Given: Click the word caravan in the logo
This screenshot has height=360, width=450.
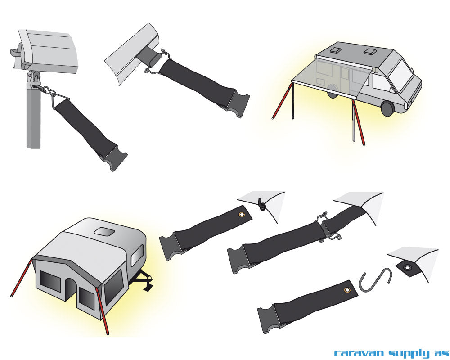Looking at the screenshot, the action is coord(359,352).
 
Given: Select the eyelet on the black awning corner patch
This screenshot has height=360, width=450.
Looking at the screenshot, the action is coord(407,267).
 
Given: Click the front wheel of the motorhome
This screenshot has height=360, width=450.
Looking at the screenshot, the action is coord(387,108).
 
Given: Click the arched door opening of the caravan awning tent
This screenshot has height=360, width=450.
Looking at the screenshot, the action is coord(69,285).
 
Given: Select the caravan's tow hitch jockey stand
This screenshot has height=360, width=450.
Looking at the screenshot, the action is coord(144,282).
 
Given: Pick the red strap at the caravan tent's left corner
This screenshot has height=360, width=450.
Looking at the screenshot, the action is coord(21,278).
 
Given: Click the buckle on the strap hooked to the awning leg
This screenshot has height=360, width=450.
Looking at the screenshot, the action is coord(114,157).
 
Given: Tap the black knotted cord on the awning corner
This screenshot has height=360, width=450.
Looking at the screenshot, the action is coord(261,204).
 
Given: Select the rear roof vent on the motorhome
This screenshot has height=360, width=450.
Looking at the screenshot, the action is coord(334,51).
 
